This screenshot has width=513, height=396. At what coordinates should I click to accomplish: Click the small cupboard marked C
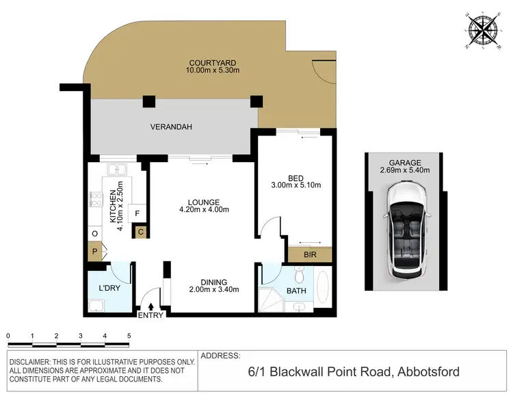tap(140, 233)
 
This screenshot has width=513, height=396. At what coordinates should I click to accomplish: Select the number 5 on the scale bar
tap(129, 336)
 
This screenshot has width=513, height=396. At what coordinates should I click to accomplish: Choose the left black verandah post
tap(148, 103)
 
